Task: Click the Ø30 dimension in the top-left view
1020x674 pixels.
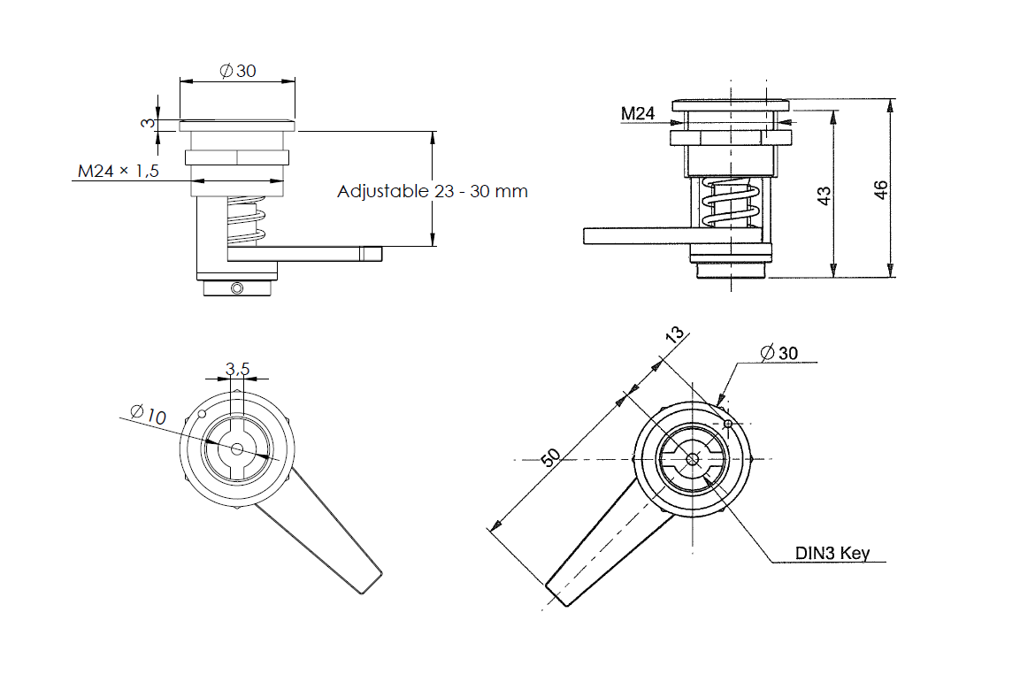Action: [x=237, y=71]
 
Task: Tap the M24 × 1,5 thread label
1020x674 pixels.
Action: [x=118, y=172]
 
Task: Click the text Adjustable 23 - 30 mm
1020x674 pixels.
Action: [x=433, y=191]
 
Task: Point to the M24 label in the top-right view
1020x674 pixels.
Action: [x=637, y=113]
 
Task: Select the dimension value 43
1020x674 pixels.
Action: [x=824, y=195]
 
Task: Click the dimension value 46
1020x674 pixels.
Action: [x=881, y=189]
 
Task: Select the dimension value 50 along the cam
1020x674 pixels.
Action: [x=550, y=456]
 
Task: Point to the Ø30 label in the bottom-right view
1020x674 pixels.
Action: [x=778, y=352]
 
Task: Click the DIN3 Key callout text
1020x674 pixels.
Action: [x=832, y=554]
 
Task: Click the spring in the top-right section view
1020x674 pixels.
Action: [x=731, y=204]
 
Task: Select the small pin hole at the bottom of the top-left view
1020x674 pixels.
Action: [x=236, y=288]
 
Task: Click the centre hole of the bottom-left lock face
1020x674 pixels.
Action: [x=236, y=448]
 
